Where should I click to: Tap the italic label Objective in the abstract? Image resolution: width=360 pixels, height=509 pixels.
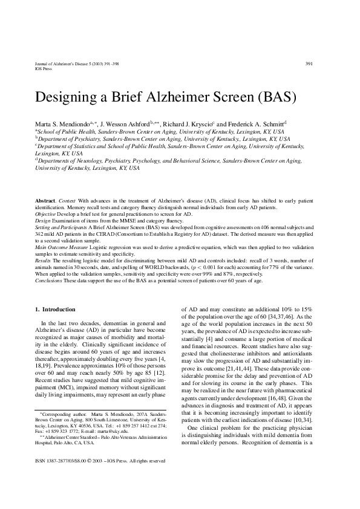coord(46,214)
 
